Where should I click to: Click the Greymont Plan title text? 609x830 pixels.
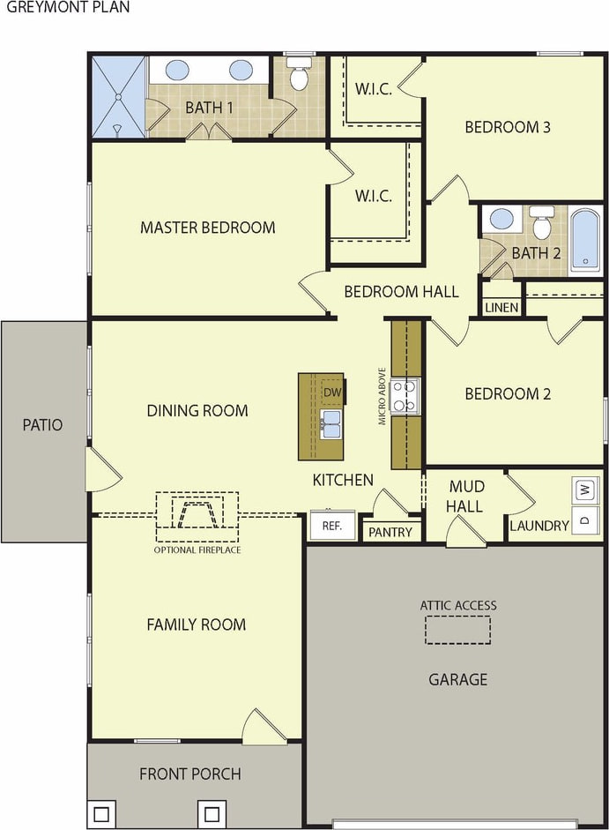pos(68,7)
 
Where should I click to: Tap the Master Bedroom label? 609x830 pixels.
pos(207,228)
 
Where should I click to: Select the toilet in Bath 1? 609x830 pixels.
pos(299,73)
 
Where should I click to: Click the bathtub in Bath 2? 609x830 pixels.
pos(586,240)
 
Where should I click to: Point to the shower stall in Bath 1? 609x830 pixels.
pos(118,97)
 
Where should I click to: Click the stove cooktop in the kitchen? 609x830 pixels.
pos(405,395)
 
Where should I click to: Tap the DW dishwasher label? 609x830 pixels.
pos(332,393)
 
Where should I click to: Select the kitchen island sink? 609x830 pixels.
pos(331,423)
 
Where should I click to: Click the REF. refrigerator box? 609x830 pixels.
pos(332,525)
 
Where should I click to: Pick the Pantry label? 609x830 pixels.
pos(390,532)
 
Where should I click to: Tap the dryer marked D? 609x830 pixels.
pos(584,520)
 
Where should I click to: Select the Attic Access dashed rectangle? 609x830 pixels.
pos(457,630)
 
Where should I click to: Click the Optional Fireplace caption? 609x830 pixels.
pos(197,550)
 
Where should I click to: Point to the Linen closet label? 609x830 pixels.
pos(501,307)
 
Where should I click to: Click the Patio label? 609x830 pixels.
pos(42,424)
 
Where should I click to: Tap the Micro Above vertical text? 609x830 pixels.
pos(382,396)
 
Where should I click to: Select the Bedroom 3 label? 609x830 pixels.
pos(508,127)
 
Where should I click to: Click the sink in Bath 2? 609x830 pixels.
pos(501,219)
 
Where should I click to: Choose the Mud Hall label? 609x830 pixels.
pos(464,497)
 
